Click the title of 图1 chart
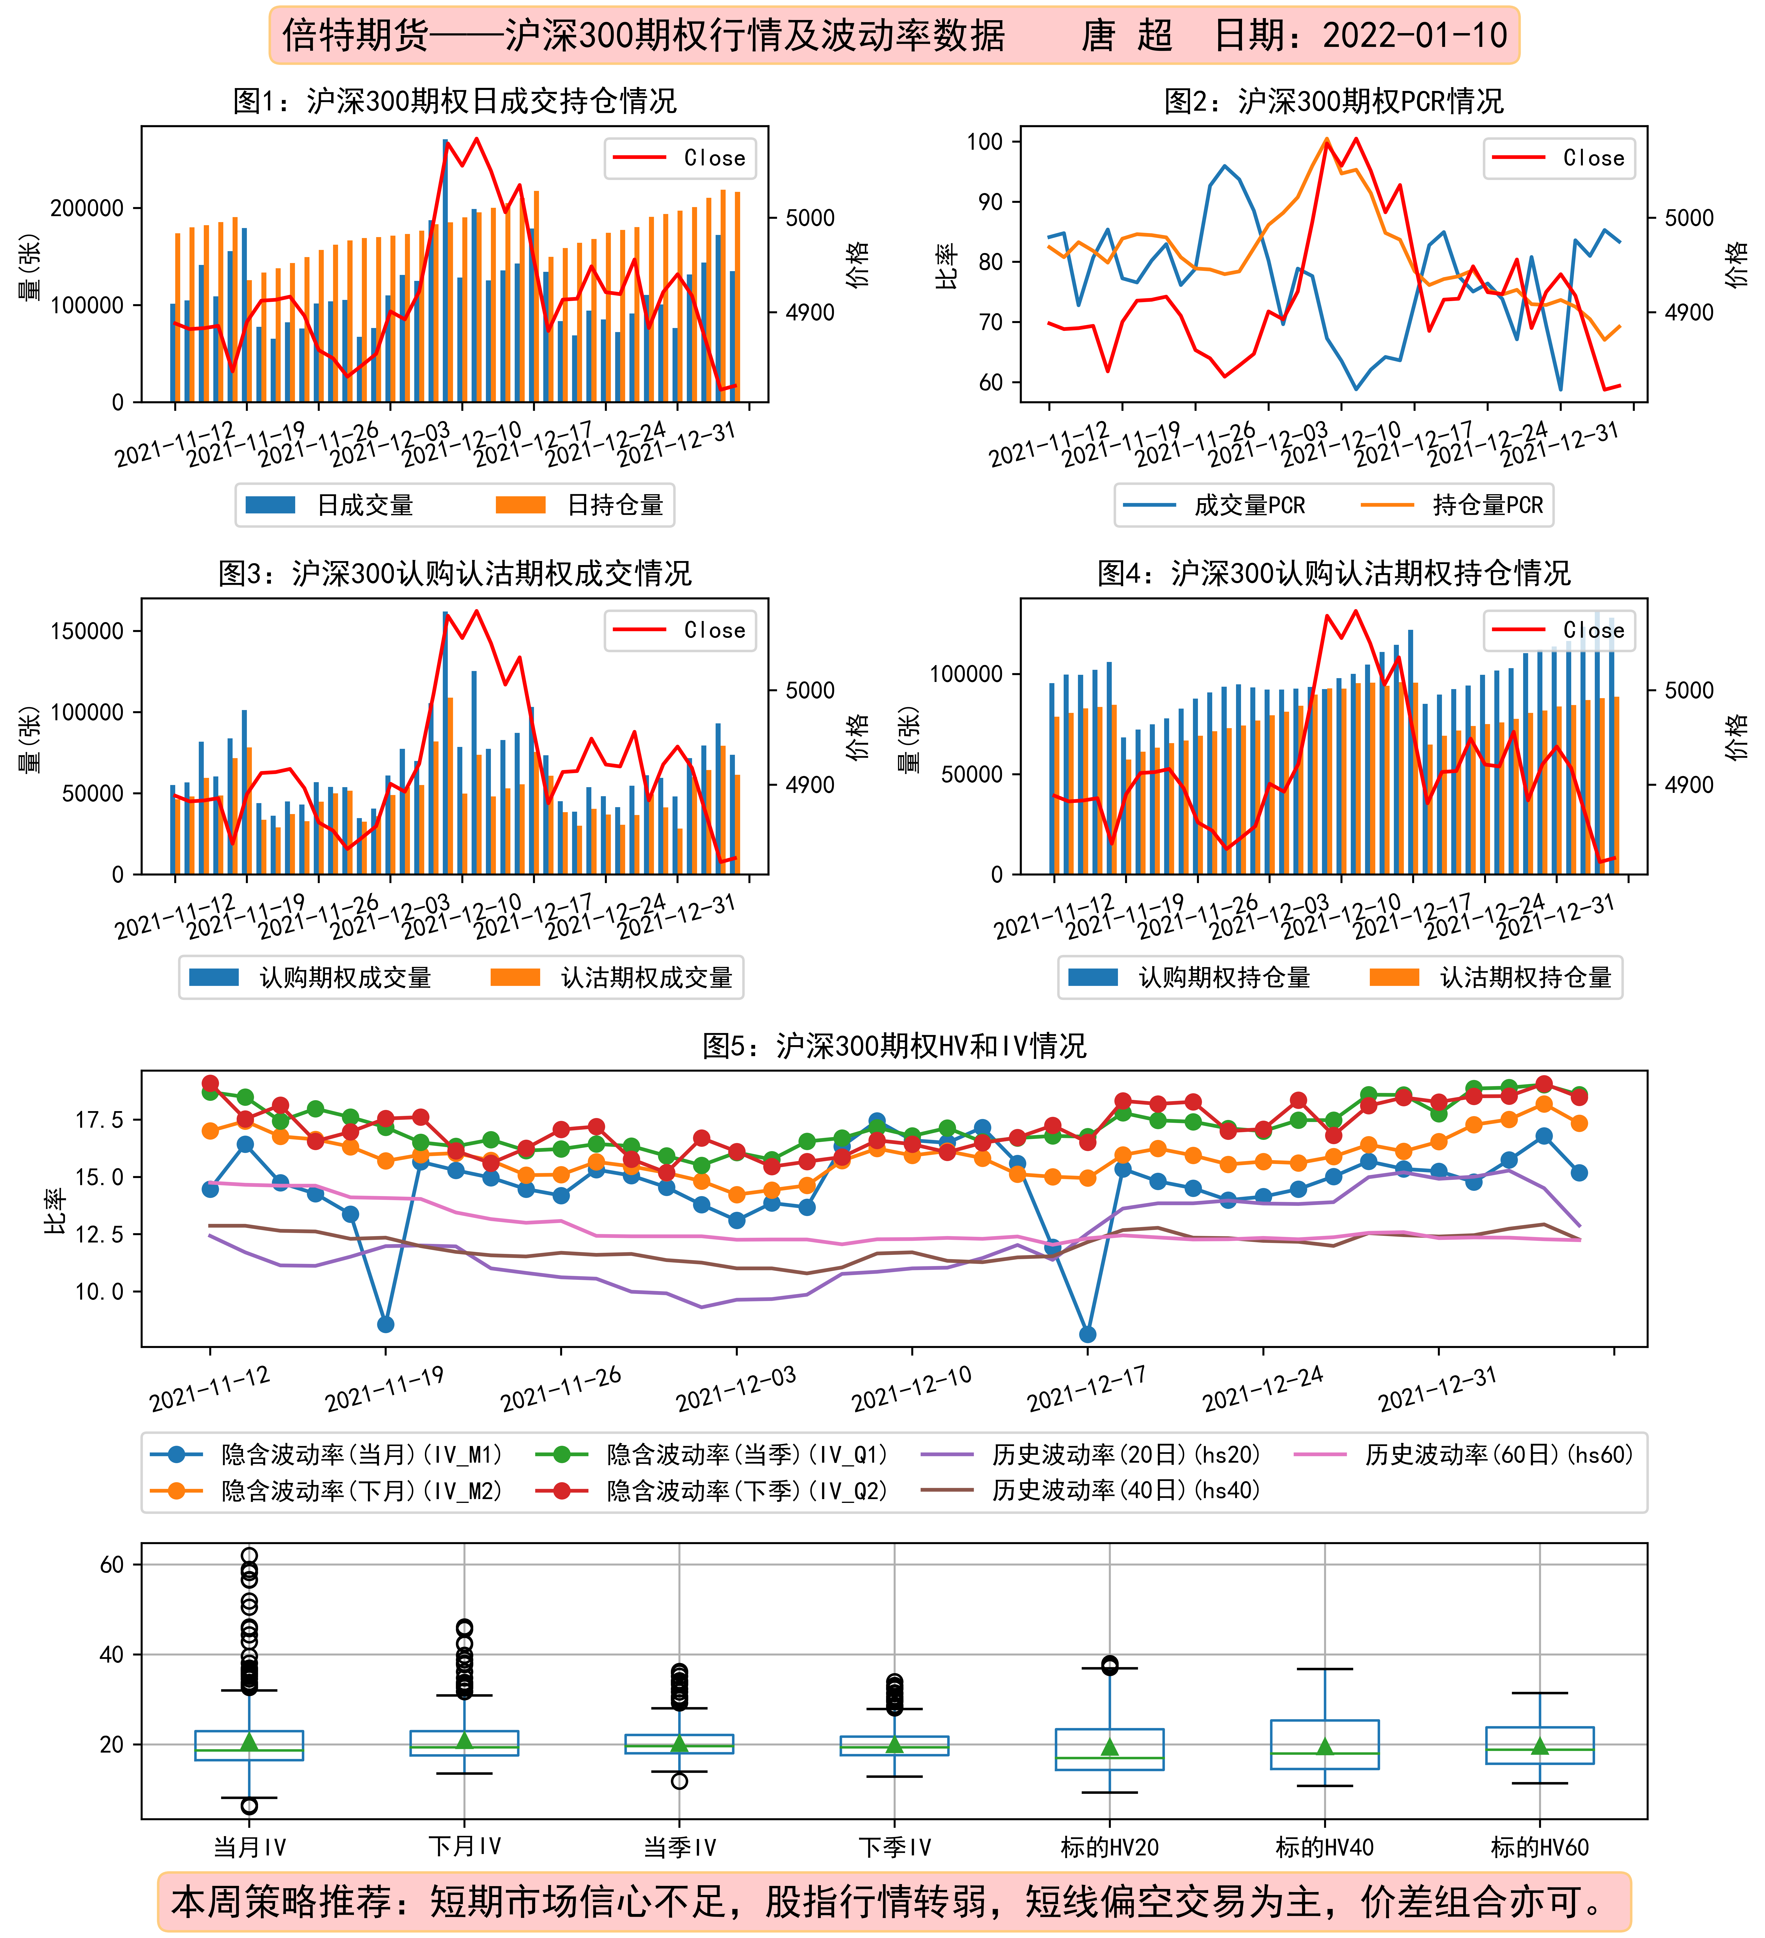455,101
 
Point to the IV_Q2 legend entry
711,1491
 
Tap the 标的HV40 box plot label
1325,1848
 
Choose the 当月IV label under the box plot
249,1848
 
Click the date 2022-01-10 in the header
1415,35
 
